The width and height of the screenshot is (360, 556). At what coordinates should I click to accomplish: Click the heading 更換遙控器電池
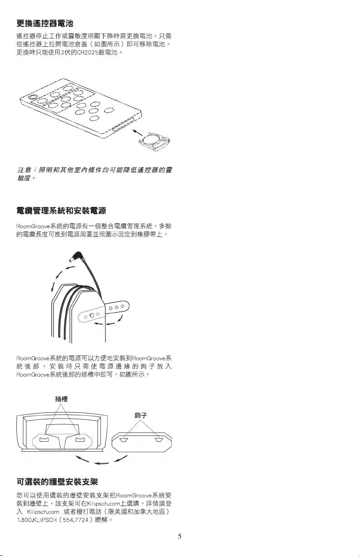coord(44,24)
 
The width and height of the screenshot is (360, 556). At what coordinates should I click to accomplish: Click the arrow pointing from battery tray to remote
coord(137,133)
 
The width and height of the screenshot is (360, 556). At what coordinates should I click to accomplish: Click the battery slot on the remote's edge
coord(123,124)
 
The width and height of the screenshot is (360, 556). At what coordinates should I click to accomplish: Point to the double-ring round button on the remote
coord(32,97)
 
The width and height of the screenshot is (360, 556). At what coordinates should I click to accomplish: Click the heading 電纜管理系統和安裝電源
coord(61,211)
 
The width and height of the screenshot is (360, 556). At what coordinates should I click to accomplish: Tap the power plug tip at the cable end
coord(71,260)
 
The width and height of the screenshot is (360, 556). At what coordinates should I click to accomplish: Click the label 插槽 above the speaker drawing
coord(61,399)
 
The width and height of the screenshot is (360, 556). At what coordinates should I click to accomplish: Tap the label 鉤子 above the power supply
coord(141,415)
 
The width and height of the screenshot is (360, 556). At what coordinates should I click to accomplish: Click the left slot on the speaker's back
coord(44,440)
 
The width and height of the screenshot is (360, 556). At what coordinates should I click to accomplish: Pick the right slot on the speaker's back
coord(80,440)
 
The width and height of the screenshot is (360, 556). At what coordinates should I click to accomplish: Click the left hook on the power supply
coord(123,440)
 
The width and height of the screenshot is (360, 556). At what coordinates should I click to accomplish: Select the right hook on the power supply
coord(159,440)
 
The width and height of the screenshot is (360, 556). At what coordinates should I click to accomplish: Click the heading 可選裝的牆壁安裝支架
coord(57,482)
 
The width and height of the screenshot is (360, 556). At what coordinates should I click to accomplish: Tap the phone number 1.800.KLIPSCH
coord(37,520)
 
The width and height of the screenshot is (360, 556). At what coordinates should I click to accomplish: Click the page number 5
coord(179,536)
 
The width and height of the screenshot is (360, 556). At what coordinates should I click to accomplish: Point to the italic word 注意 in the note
coord(24,170)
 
